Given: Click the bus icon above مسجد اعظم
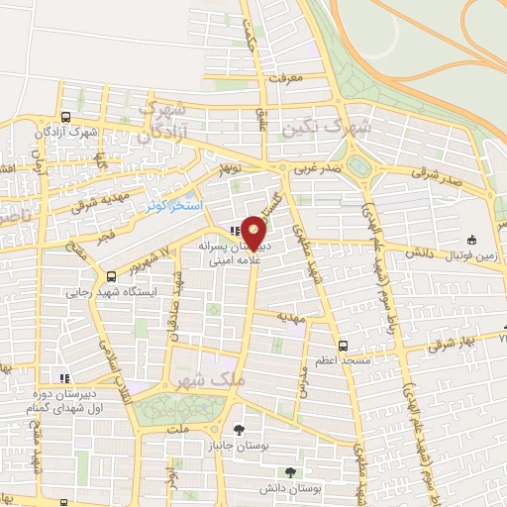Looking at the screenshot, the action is (x=343, y=346).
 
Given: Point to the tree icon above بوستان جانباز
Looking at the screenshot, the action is (x=238, y=429).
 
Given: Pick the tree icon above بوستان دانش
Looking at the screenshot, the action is (x=289, y=472).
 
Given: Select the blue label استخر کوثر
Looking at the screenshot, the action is (x=174, y=205).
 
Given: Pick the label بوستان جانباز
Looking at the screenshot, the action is (x=238, y=446).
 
